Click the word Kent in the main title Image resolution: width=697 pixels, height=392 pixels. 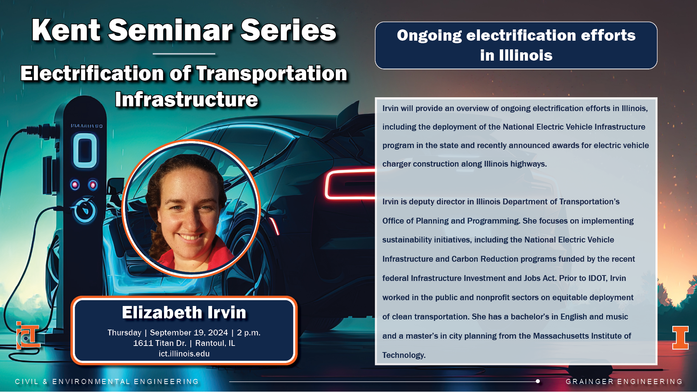pyautogui.click(x=66, y=30)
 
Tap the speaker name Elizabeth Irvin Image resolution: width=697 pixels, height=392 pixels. pyautogui.click(x=184, y=313)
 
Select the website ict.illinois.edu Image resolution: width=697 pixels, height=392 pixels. pyautogui.click(x=184, y=354)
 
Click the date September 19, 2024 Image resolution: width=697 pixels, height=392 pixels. pyautogui.click(x=189, y=332)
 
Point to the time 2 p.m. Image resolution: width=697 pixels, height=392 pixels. pyautogui.click(x=249, y=332)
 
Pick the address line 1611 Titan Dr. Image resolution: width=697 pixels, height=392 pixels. pyautogui.click(x=160, y=343)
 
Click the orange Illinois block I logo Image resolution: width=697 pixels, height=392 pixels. pyautogui.click(x=680, y=338)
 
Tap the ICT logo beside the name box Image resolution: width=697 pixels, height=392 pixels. pyautogui.click(x=28, y=335)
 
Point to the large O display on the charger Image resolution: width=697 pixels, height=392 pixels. pyautogui.click(x=85, y=150)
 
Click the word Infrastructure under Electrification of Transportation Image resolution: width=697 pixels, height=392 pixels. pyautogui.click(x=187, y=99)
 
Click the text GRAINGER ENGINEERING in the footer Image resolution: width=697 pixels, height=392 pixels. pyautogui.click(x=624, y=381)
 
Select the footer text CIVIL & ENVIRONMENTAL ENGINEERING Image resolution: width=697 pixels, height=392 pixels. pyautogui.click(x=107, y=381)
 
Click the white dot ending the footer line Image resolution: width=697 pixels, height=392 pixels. pyautogui.click(x=538, y=381)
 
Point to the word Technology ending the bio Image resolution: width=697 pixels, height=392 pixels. pyautogui.click(x=404, y=355)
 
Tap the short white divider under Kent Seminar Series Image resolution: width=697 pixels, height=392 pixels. pyautogui.click(x=184, y=54)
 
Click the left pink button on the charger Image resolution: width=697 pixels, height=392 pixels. pyautogui.click(x=75, y=185)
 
